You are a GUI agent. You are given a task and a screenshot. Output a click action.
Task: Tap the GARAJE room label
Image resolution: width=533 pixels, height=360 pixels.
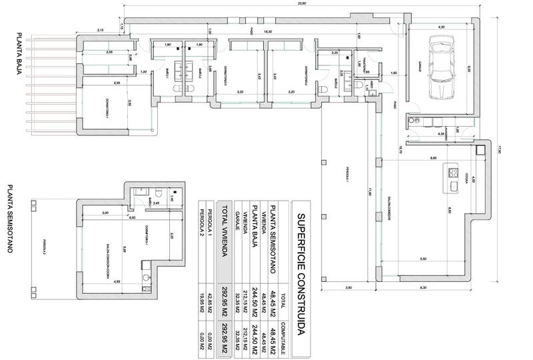click(x=422, y=67)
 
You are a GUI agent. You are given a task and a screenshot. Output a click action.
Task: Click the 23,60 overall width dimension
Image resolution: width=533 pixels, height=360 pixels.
click(x=302, y=3)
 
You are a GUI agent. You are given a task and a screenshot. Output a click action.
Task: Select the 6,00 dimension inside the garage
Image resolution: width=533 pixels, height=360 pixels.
click(x=468, y=67)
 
